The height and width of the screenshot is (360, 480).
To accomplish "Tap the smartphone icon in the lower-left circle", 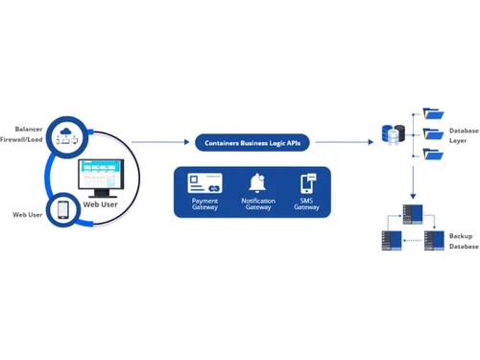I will pyautogui.click(x=62, y=209).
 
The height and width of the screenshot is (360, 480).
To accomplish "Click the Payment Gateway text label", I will pyautogui.click(x=204, y=204).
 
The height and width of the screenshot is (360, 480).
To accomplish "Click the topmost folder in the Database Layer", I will pyautogui.click(x=433, y=113).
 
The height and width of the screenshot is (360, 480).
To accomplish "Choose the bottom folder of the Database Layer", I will pyautogui.click(x=433, y=154).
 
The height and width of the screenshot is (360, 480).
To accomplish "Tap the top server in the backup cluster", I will pyautogui.click(x=412, y=212).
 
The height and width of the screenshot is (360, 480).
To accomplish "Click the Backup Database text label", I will pyautogui.click(x=463, y=240).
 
